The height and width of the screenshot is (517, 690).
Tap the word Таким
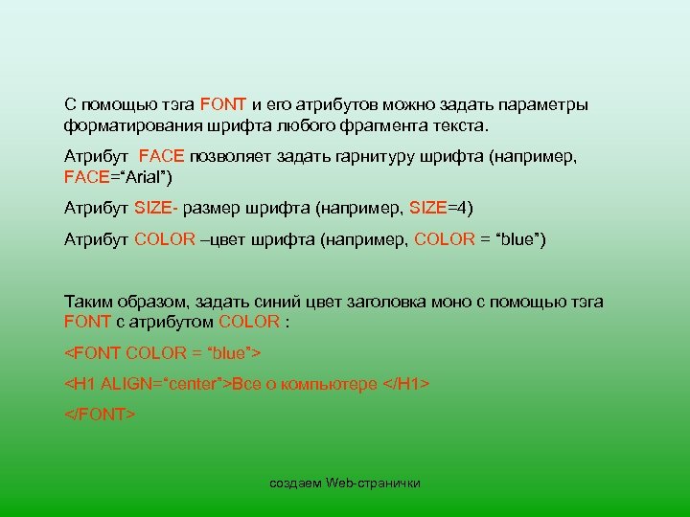tap(87, 301)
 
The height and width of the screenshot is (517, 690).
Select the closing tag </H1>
tap(405, 384)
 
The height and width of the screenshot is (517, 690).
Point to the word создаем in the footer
tap(295, 483)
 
